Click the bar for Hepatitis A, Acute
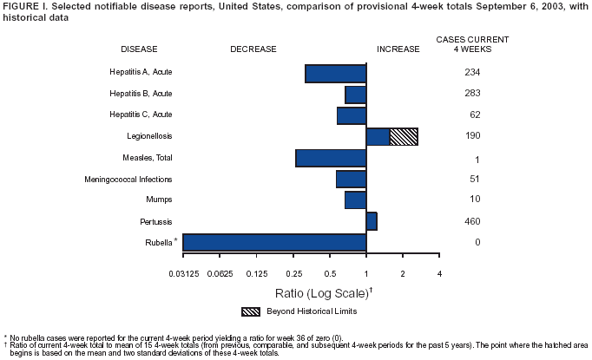point(336,73)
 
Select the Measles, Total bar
point(331,158)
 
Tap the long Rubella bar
point(274,242)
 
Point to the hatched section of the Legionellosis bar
point(404,136)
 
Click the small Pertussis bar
point(372,221)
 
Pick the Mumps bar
point(355,200)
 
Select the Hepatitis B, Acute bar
point(356,95)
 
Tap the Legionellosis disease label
point(153,136)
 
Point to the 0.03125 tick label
point(183,274)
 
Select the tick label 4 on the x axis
point(440,274)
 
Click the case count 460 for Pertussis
point(472,221)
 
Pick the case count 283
point(472,94)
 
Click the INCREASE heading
point(398,49)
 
